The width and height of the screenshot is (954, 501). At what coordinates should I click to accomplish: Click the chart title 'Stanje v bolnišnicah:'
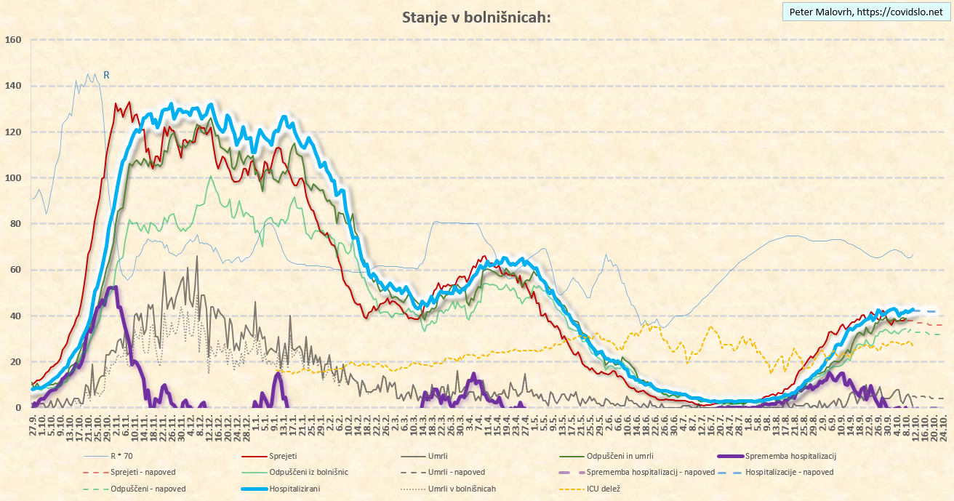pyautogui.click(x=476, y=17)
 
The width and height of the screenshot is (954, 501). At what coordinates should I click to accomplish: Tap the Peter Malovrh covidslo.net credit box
pyautogui.click(x=865, y=12)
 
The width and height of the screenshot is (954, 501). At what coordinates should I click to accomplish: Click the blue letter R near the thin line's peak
pyautogui.click(x=106, y=74)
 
